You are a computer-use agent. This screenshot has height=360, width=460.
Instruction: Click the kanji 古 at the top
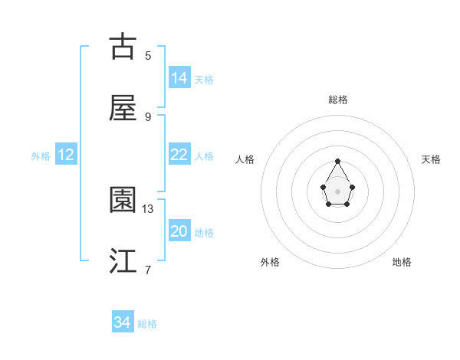(123, 47)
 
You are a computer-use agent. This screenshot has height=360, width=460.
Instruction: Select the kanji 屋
(123, 108)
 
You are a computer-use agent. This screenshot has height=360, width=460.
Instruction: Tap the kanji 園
(123, 200)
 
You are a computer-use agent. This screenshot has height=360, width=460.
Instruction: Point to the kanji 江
(123, 261)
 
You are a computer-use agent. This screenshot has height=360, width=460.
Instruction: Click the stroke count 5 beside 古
(148, 55)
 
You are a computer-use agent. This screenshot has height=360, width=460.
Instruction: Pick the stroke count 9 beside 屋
(148, 116)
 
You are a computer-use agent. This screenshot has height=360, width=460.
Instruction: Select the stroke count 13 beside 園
(148, 208)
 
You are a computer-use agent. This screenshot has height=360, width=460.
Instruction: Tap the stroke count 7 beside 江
(148, 270)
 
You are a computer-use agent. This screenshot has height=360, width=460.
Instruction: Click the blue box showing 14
(179, 78)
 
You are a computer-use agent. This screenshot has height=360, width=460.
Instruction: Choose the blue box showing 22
(179, 155)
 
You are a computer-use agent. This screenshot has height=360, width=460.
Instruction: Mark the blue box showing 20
(179, 231)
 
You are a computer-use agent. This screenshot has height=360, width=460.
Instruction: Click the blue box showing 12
(66, 155)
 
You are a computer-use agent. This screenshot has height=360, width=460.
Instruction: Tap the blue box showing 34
(123, 323)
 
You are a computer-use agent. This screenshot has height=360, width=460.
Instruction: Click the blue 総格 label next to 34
(147, 324)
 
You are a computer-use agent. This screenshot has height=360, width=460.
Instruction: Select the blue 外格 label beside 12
(41, 155)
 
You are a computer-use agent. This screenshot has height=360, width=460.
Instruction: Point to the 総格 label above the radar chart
(338, 100)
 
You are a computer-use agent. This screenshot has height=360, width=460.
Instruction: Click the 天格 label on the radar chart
(432, 159)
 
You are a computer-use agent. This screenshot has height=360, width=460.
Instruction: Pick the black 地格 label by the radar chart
(402, 262)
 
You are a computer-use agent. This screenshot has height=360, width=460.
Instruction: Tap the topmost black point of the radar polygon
(338, 161)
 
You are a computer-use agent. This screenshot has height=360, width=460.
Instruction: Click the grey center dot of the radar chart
(338, 190)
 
